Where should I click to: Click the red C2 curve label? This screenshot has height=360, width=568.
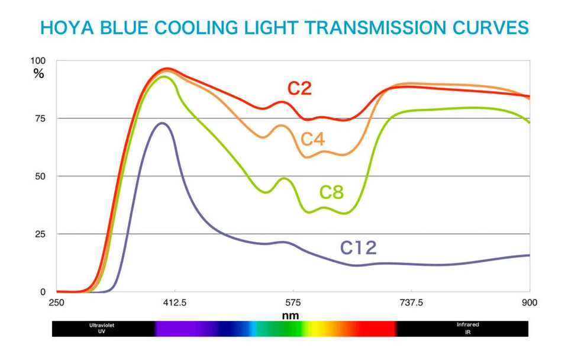pyautogui.click(x=299, y=89)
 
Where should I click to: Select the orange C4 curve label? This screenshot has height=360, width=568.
pyautogui.click(x=313, y=140)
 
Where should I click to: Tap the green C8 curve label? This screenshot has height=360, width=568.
pyautogui.click(x=331, y=192)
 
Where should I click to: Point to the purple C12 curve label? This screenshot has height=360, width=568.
pyautogui.click(x=358, y=247)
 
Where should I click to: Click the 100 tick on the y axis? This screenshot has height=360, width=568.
pyautogui.click(x=38, y=61)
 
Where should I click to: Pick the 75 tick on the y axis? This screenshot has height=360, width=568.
pyautogui.click(x=40, y=118)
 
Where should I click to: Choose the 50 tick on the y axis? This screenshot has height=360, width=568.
pyautogui.click(x=40, y=176)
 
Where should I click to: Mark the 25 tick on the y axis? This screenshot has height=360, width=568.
pyautogui.click(x=40, y=234)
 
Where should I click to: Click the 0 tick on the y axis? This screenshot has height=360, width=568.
pyautogui.click(x=43, y=292)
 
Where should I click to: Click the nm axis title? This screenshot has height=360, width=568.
pyautogui.click(x=290, y=316)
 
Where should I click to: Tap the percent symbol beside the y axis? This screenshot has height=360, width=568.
pyautogui.click(x=38, y=74)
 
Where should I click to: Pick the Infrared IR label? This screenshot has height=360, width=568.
pyautogui.click(x=467, y=327)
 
